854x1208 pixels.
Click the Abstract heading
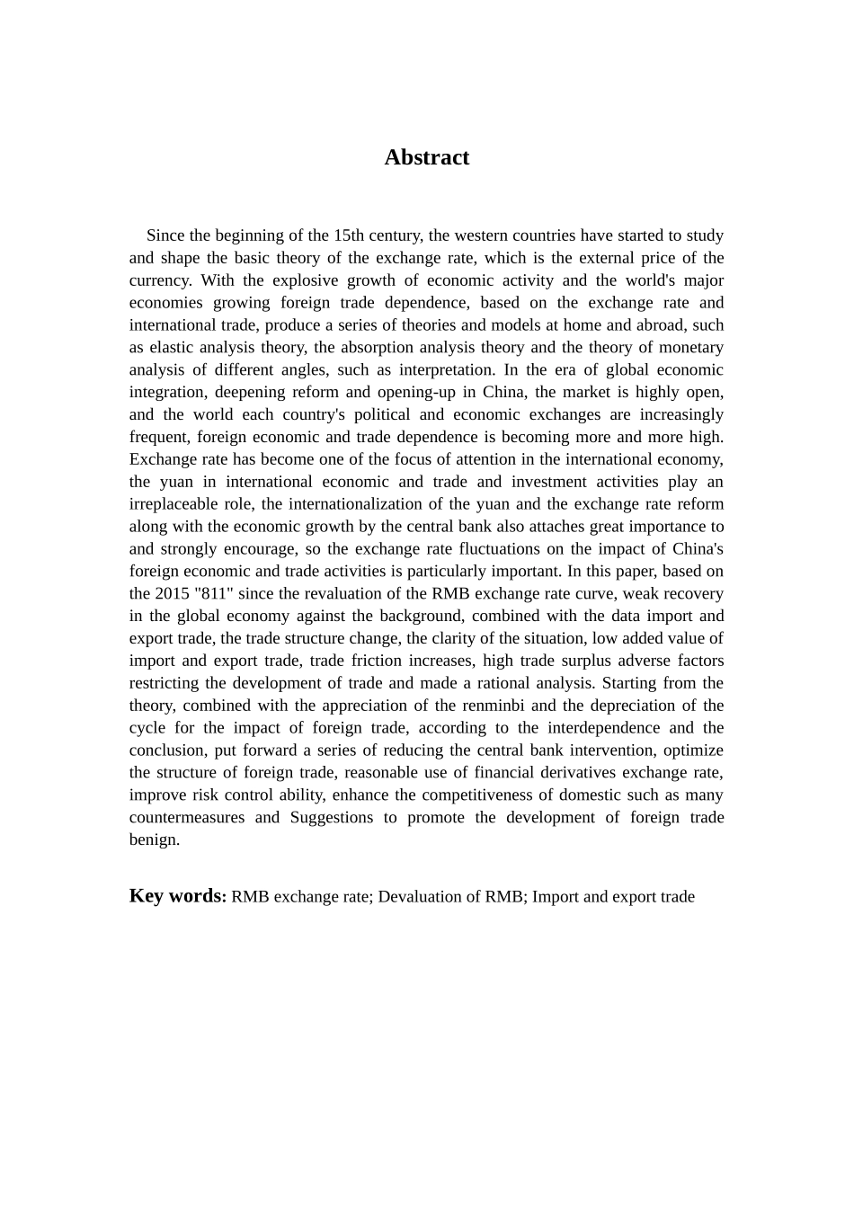click(x=426, y=157)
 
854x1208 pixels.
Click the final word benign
click(x=154, y=840)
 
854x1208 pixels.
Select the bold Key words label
click(x=177, y=896)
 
